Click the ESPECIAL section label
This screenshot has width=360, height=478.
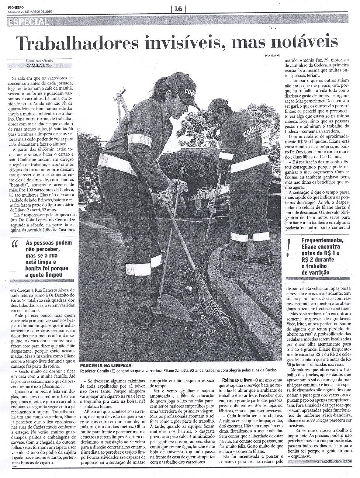[28, 22]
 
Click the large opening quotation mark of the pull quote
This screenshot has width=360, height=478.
[15, 245]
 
